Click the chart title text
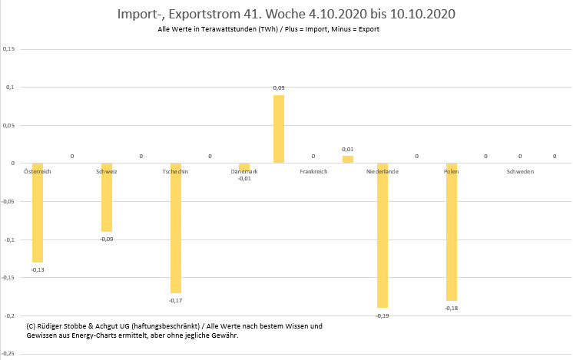click(x=286, y=14)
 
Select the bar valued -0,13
click(x=38, y=213)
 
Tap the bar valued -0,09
click(x=107, y=197)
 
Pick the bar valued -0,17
click(x=176, y=228)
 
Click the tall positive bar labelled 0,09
click(x=279, y=129)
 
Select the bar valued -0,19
click(x=383, y=236)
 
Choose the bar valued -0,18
click(x=452, y=232)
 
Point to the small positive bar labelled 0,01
click(x=348, y=159)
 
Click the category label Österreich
click(x=38, y=171)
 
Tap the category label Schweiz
click(x=107, y=171)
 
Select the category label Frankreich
click(x=313, y=171)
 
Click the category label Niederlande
click(x=383, y=171)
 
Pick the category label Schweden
click(x=520, y=171)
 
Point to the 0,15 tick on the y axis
click(x=9, y=49)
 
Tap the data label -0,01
click(x=244, y=178)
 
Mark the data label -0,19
click(x=383, y=315)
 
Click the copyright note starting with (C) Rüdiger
click(x=174, y=331)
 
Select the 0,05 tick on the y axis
click(x=9, y=125)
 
